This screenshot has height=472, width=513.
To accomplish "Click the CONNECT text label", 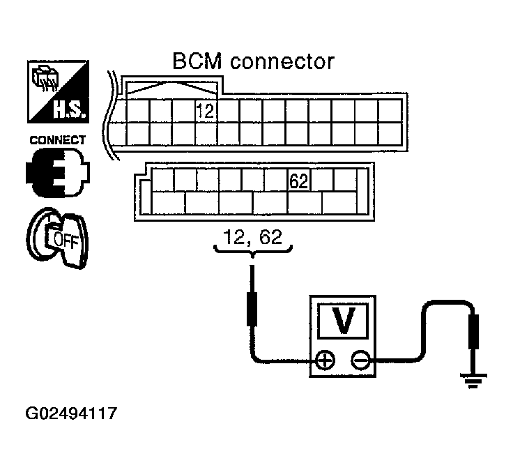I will pos(57,140).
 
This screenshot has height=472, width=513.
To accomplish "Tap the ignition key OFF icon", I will pos(56,238).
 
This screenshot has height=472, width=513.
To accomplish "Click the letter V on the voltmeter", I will pos(341,320).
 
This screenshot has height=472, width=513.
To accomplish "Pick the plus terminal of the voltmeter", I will pos(325,360).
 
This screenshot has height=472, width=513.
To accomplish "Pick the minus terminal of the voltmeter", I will pos(358,360).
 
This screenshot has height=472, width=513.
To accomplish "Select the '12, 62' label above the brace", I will pos(252,236).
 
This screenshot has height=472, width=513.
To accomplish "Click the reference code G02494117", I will pos(71,413).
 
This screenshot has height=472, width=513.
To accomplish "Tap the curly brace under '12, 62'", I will pos(252,250).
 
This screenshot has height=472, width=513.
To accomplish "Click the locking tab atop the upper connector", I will pos(171,87).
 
